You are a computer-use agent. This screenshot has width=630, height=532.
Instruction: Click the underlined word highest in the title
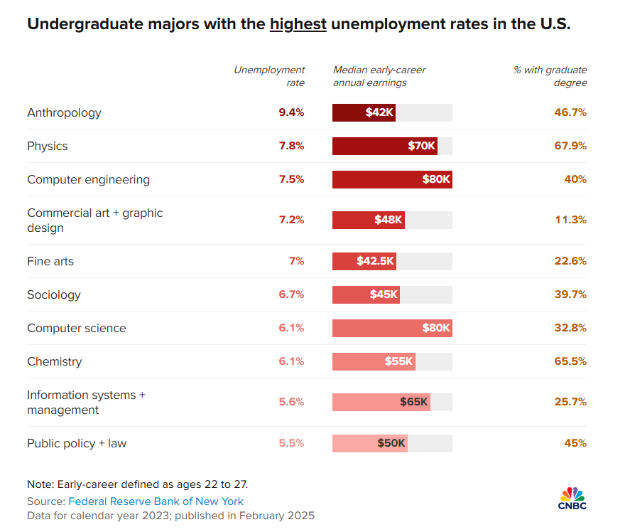(298, 24)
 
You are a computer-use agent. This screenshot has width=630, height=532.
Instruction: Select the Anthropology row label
(64, 112)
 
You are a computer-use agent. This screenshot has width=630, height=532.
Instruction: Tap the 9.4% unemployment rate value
(291, 112)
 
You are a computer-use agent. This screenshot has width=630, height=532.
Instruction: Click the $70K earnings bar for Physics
(384, 146)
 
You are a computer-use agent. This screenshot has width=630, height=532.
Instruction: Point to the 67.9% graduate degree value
(570, 146)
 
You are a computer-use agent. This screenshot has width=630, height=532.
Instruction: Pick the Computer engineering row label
(88, 179)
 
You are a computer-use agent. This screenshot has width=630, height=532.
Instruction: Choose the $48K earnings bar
(368, 220)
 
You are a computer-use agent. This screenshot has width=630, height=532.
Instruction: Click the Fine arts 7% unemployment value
(296, 261)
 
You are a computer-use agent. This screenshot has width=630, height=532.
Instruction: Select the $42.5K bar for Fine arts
(364, 261)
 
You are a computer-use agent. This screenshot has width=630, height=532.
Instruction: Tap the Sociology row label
(54, 294)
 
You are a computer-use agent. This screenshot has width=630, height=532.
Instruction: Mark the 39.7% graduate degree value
(570, 294)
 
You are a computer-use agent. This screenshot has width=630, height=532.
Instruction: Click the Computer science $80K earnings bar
(392, 328)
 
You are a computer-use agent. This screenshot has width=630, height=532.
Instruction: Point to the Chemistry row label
(55, 361)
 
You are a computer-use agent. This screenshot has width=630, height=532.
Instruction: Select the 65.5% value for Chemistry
(570, 361)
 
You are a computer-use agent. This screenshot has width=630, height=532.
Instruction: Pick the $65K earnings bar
(381, 402)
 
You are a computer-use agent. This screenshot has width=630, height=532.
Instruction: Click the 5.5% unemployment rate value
(291, 443)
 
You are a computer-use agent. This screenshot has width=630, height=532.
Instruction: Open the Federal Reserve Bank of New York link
(156, 501)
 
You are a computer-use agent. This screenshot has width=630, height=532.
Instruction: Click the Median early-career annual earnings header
(379, 76)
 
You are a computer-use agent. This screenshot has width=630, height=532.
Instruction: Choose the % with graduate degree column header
(550, 76)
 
